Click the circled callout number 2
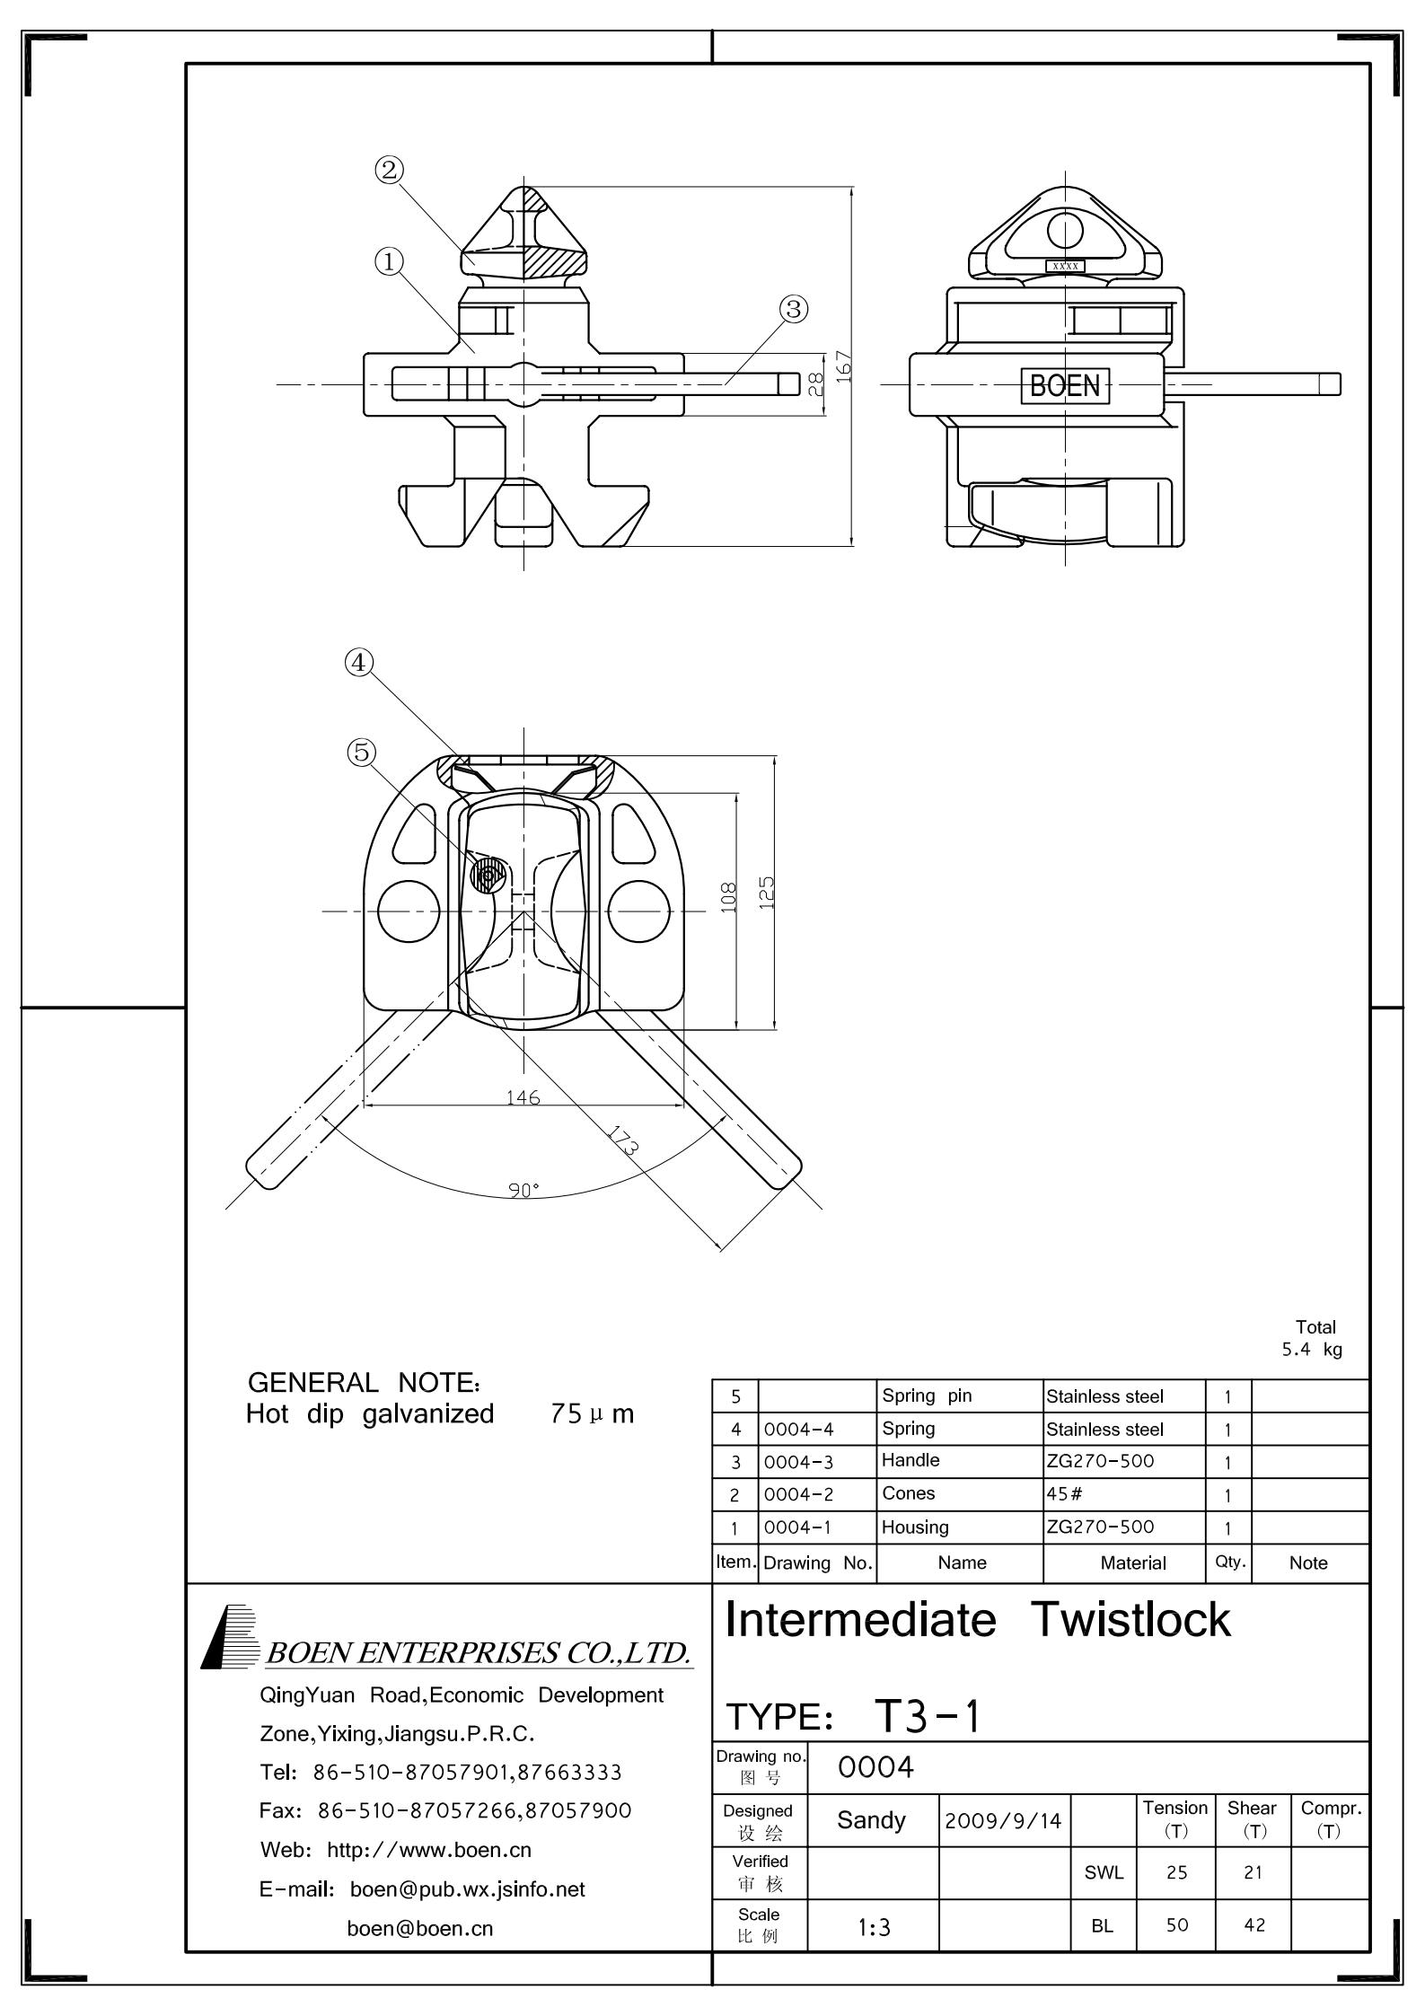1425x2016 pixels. tap(389, 170)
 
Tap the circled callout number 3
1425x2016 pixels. tap(793, 309)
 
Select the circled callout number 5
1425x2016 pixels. tap(361, 752)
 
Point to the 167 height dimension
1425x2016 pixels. tap(843, 366)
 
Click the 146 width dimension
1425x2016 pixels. tap(523, 1097)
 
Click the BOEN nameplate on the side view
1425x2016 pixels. tap(1065, 386)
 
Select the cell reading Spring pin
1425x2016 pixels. tap(927, 1395)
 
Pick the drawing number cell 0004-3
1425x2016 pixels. tap(798, 1462)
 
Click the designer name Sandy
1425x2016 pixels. tap(871, 1820)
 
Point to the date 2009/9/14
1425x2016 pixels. tap(1003, 1821)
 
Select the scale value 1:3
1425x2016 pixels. tap(873, 1927)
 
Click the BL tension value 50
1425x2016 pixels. tap(1176, 1925)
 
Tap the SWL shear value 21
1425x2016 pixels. tap(1253, 1873)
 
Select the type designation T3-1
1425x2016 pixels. tap(928, 1716)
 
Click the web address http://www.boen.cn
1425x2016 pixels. tap(429, 1850)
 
